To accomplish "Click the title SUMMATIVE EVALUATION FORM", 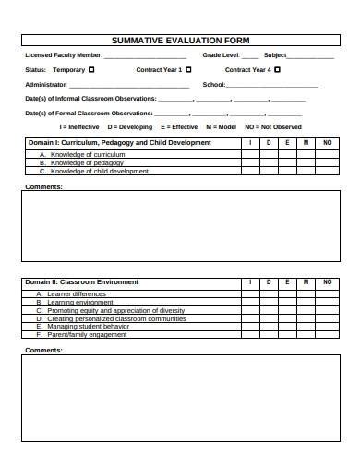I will point(180,41).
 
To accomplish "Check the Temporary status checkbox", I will point(91,70).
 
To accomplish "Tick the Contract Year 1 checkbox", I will point(188,70).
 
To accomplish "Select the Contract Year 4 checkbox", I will point(277,70).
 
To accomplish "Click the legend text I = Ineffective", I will point(79,126).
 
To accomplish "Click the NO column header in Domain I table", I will point(327,143).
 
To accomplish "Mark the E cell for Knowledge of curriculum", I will point(287,154).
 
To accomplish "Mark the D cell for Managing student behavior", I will point(269,327).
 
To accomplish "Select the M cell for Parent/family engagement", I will point(306,335).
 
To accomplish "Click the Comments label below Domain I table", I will point(43,186).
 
